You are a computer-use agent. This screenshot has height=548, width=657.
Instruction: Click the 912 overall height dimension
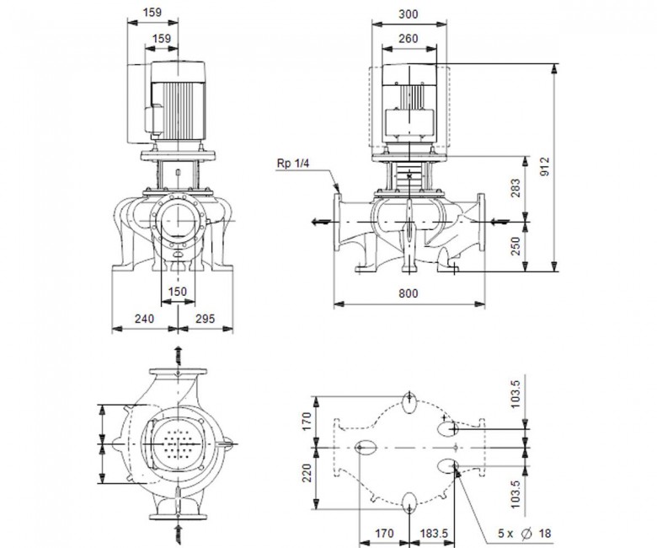click(544, 167)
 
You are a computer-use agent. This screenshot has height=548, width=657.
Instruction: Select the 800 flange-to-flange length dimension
click(409, 293)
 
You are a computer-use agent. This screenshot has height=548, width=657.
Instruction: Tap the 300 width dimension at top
click(409, 14)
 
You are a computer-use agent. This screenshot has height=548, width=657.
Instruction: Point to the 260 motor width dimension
click(409, 39)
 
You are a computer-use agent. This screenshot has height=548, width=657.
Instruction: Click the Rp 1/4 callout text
click(293, 163)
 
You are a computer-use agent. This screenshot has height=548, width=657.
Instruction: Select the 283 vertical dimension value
click(515, 188)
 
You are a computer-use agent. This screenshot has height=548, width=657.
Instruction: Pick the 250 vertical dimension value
click(515, 246)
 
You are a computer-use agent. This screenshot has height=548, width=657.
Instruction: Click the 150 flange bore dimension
click(177, 292)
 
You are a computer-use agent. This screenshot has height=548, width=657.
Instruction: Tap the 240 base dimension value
click(144, 319)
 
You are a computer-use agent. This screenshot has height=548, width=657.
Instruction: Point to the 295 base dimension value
click(206, 319)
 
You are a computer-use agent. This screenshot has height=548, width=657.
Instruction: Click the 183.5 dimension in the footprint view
click(434, 534)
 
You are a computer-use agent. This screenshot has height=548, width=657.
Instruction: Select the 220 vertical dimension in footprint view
click(308, 472)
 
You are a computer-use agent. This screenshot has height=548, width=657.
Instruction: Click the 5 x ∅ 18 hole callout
click(524, 534)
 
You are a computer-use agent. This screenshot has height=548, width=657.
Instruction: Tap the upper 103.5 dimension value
click(515, 394)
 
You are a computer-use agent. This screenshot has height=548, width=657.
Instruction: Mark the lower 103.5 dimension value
click(515, 494)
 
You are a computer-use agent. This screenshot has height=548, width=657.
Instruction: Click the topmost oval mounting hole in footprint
click(409, 402)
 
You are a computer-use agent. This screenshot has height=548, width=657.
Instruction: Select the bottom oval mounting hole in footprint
click(409, 502)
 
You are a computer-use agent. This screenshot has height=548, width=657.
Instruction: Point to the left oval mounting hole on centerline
click(366, 448)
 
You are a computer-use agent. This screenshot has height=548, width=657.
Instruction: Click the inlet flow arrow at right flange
click(499, 222)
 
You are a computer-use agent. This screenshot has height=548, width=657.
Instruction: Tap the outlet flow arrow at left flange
click(322, 222)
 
